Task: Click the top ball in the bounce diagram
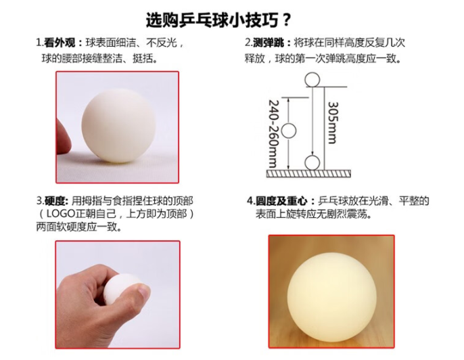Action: click(312, 80)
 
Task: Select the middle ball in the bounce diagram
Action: click(289, 131)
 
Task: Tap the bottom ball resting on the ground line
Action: click(312, 162)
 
